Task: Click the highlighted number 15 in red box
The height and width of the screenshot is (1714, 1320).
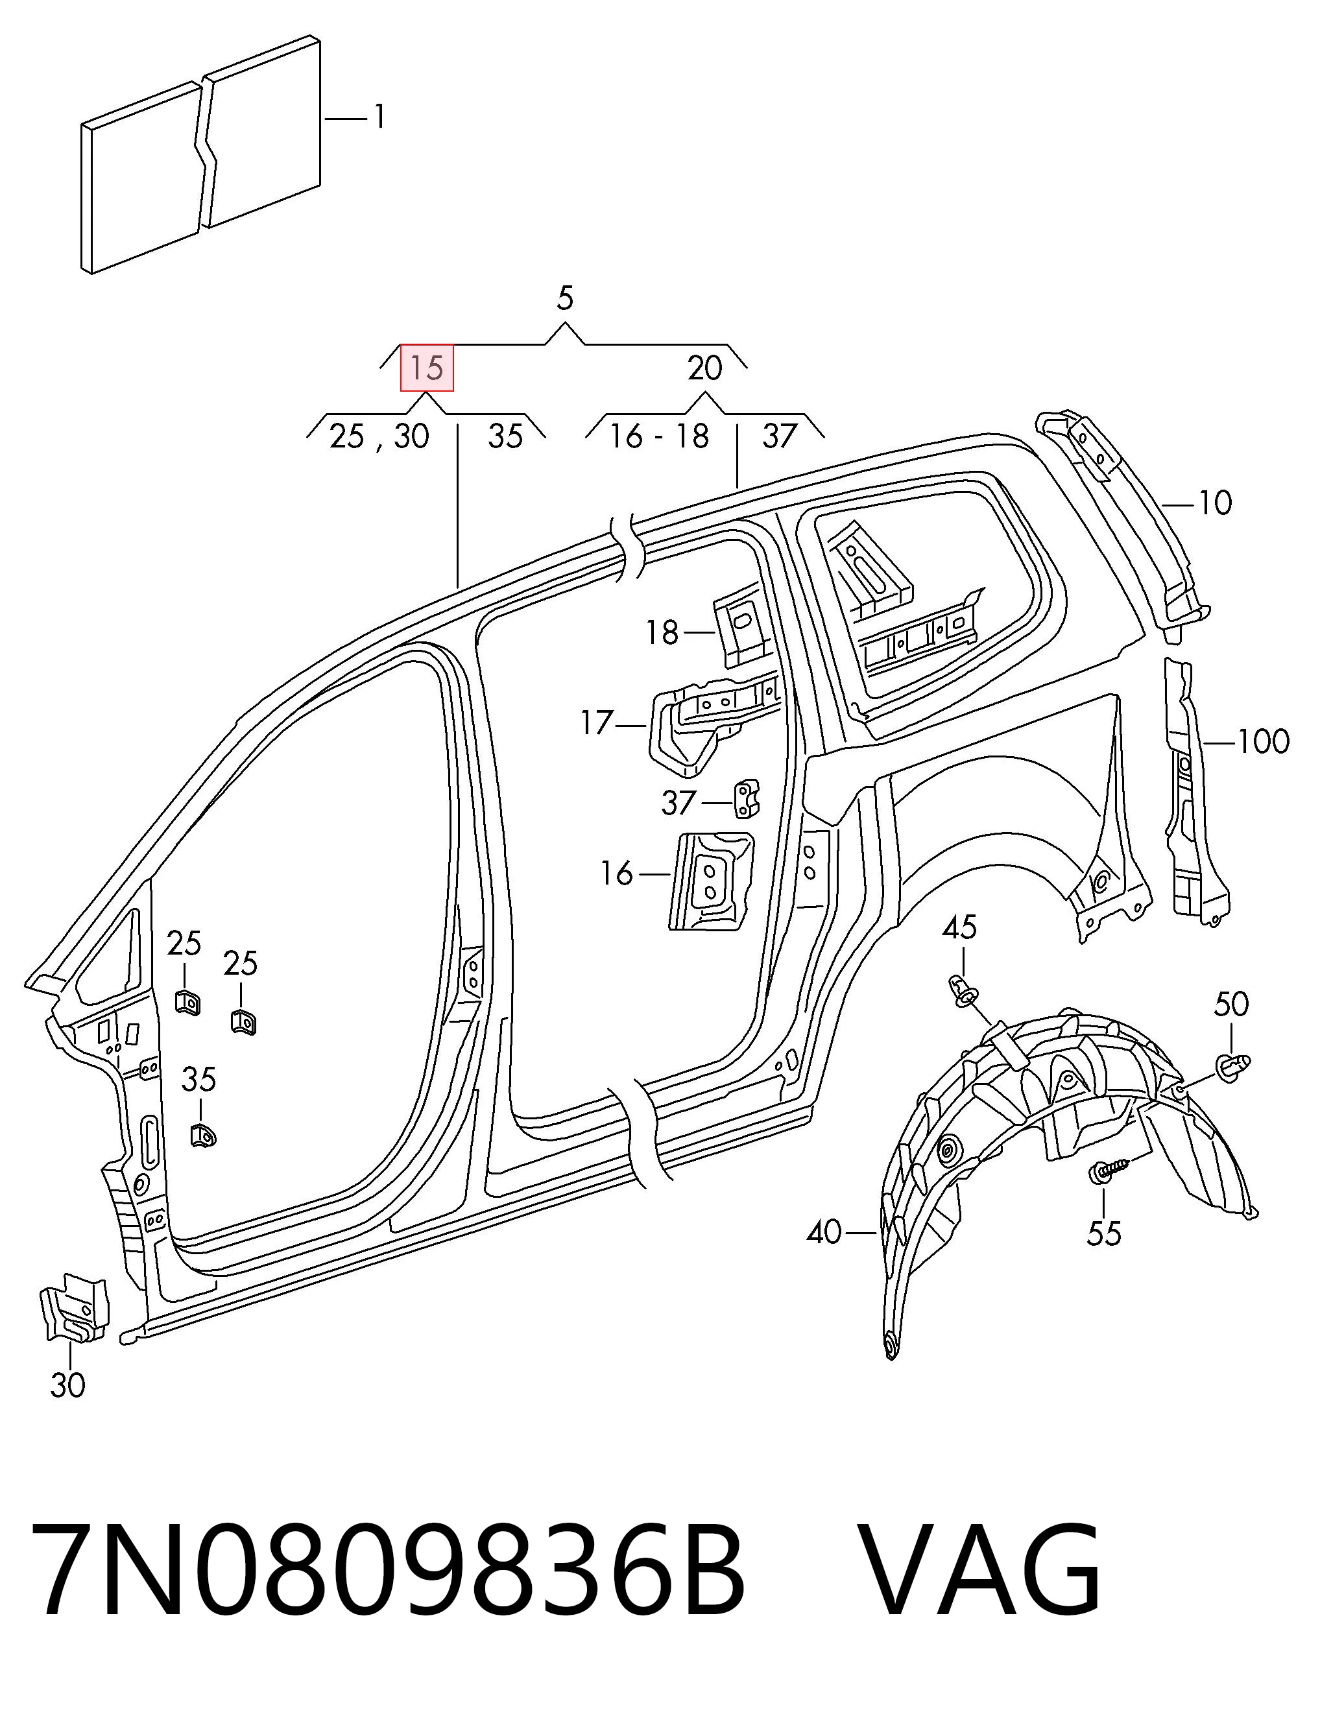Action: tap(427, 367)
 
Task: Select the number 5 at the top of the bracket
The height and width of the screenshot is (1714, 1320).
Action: tap(565, 298)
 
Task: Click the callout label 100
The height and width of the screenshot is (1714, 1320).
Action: tap(1263, 742)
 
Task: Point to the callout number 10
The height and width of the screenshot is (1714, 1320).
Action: tap(1214, 503)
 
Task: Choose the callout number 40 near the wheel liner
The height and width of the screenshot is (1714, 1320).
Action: tap(824, 1233)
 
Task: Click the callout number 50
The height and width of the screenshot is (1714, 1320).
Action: tap(1230, 1004)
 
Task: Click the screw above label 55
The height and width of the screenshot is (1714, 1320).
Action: tap(1107, 1170)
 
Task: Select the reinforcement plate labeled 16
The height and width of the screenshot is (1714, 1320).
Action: tap(711, 881)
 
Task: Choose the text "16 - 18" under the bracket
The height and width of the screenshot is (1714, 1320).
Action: tap(659, 436)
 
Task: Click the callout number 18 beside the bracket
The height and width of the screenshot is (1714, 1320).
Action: tap(662, 632)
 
